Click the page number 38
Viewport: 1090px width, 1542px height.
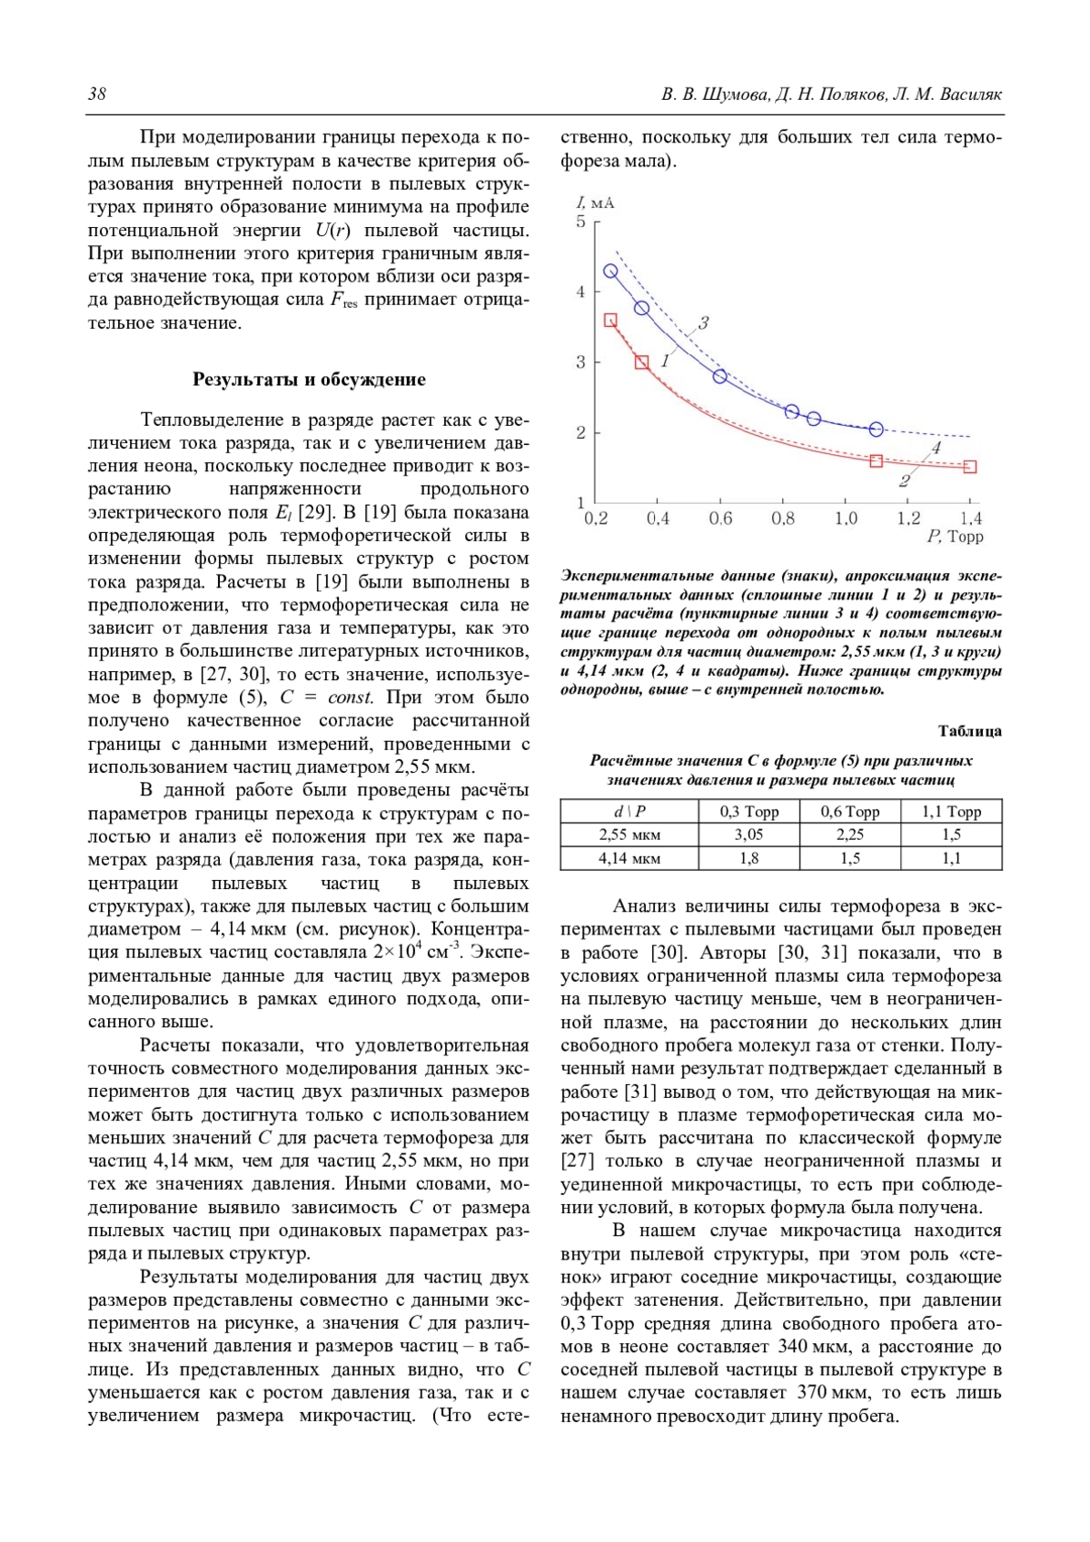point(97,94)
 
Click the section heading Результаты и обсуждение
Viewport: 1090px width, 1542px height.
point(309,380)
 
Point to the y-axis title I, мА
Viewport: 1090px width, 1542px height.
point(595,203)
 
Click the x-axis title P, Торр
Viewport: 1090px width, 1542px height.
point(955,537)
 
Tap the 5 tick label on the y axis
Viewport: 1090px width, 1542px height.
point(581,222)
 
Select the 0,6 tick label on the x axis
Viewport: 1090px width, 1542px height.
point(720,519)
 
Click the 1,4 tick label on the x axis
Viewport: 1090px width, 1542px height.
point(970,519)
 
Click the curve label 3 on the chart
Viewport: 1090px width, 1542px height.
point(703,322)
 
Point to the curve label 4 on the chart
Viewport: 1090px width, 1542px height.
point(936,448)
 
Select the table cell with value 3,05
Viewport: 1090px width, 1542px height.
point(748,835)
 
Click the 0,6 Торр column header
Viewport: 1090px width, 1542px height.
point(849,812)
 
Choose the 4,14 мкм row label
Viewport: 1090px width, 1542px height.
point(629,858)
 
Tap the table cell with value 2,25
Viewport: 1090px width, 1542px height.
point(849,835)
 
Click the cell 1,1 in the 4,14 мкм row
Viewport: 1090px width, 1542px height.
point(951,858)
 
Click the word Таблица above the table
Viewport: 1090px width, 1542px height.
point(970,731)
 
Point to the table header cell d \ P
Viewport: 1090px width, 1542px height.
point(629,812)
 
